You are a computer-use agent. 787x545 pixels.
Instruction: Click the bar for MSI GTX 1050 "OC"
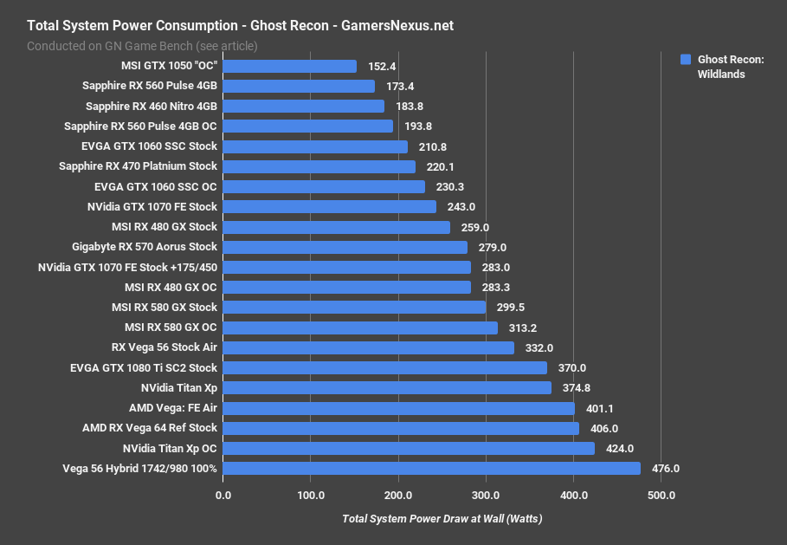(290, 67)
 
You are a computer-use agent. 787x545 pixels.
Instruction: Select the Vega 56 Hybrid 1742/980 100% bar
(432, 469)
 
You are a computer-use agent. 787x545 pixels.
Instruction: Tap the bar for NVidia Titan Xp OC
(409, 448)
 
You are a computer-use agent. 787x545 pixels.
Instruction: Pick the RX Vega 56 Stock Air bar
(369, 347)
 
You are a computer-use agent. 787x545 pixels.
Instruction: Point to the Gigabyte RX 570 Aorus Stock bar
(345, 247)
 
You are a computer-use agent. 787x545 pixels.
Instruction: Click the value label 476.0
(666, 469)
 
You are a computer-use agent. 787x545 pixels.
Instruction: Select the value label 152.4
(382, 67)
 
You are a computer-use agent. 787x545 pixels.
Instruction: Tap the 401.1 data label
(600, 408)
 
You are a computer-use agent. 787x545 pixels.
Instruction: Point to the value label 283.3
(496, 288)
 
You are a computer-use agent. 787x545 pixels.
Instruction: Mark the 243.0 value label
(461, 207)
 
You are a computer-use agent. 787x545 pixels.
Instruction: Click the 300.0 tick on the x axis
(486, 496)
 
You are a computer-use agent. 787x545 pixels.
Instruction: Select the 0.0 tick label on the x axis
(223, 496)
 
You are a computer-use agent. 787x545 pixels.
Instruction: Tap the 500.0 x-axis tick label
(661, 496)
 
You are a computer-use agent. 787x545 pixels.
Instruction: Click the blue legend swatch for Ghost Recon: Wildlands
(685, 60)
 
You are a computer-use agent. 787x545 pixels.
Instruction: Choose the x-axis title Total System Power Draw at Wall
(442, 518)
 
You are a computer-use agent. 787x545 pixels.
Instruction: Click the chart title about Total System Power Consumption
(240, 26)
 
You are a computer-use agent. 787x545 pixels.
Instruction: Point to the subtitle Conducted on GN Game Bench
(142, 45)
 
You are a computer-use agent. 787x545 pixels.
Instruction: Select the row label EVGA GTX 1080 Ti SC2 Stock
(144, 368)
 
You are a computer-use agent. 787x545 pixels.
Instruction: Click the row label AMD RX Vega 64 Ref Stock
(150, 428)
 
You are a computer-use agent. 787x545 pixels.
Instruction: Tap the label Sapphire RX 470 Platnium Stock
(138, 166)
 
